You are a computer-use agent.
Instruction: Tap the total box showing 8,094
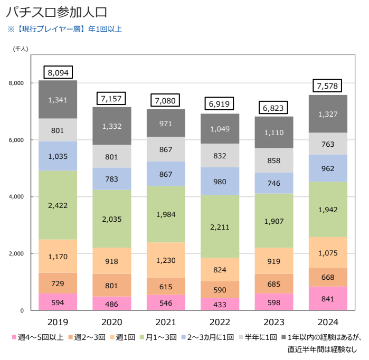pos(58,72)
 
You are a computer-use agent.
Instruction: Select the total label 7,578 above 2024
pos(328,86)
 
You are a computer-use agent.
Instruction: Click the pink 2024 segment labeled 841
pos(328,298)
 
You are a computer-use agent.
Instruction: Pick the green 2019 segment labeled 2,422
pos(58,205)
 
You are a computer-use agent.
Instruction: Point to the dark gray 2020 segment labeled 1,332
pos(112,126)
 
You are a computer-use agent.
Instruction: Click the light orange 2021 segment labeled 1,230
pos(166,260)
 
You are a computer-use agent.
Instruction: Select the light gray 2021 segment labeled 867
pos(166,149)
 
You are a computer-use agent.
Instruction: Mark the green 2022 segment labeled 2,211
pos(220,226)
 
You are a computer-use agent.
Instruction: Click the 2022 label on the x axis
pos(220,322)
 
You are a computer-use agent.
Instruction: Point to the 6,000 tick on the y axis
pos(17,140)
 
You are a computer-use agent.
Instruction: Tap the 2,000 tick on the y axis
pos(17,253)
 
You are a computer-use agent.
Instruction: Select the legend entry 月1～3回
pos(159,337)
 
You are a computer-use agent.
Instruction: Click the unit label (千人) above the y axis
pos(21,49)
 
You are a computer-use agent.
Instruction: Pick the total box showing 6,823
pos(273,108)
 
